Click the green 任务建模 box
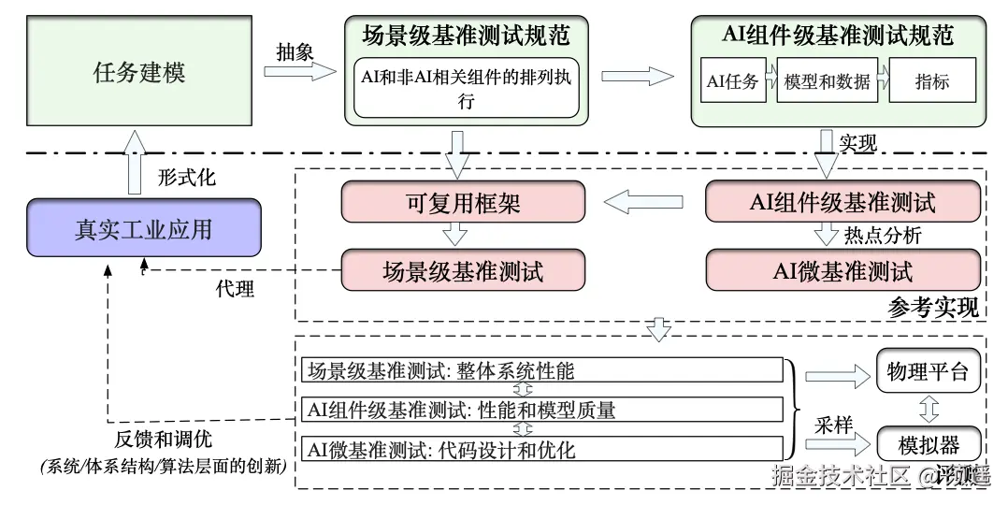139,72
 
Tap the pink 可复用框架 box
463,202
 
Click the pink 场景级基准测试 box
463,271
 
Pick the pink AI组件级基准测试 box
842,202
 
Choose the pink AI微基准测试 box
842,271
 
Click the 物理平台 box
929,372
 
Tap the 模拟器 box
929,442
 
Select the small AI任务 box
732,81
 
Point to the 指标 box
931,81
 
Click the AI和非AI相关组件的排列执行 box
466,88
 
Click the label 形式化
186,177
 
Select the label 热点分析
882,236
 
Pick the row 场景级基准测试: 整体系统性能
540,370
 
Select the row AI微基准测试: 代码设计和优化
540,449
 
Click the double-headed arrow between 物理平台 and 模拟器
929,409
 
